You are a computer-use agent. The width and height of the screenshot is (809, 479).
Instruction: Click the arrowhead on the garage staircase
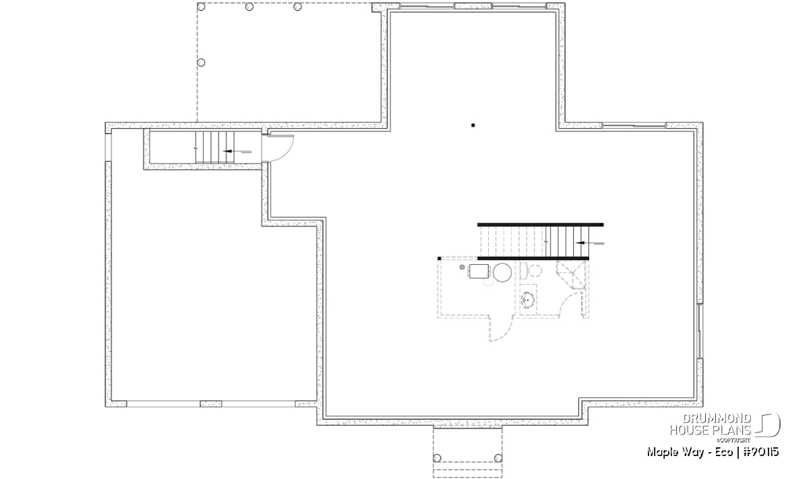pyautogui.click(x=228, y=151)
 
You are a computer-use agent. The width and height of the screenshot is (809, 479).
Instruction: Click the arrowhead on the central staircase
pyautogui.click(x=580, y=243)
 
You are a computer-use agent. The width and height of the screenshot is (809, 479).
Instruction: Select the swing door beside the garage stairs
pyautogui.click(x=278, y=148)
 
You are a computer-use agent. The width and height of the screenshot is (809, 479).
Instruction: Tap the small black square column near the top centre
pyautogui.click(x=473, y=125)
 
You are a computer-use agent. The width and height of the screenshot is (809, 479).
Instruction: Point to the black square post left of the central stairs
pyautogui.click(x=439, y=259)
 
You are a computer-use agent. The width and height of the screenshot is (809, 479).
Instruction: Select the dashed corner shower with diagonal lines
pyautogui.click(x=570, y=275)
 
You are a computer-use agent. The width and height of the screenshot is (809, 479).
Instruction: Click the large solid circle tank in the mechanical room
pyautogui.click(x=502, y=273)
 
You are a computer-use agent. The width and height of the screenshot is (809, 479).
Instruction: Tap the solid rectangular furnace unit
pyautogui.click(x=479, y=271)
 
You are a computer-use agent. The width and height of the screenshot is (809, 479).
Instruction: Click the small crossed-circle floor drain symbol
pyautogui.click(x=462, y=267)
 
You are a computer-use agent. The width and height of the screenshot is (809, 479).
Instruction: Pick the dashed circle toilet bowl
pyautogui.click(x=535, y=271)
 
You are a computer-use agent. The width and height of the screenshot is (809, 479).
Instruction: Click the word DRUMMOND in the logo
pyautogui.click(x=717, y=419)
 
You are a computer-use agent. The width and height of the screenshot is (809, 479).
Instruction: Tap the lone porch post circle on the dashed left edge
pyautogui.click(x=201, y=63)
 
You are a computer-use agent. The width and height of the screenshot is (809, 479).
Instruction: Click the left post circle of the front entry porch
pyautogui.click(x=437, y=458)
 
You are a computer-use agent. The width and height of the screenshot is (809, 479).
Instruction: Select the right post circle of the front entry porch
pyautogui.click(x=498, y=458)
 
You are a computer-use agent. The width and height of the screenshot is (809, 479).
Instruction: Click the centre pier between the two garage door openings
pyautogui.click(x=211, y=404)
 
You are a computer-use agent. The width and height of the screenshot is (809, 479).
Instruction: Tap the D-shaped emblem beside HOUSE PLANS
pyautogui.click(x=769, y=424)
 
